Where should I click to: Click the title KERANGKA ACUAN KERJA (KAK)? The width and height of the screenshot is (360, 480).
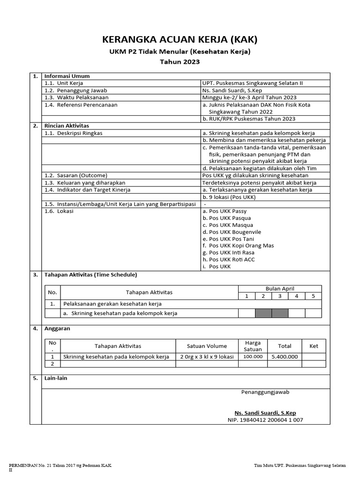click(180, 39)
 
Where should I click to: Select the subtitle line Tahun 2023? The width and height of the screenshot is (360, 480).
click(180, 61)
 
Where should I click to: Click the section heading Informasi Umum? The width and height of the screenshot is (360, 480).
click(67, 76)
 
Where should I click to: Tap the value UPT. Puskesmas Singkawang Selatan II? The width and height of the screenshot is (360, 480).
click(252, 83)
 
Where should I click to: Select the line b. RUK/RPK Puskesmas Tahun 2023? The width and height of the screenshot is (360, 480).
click(248, 119)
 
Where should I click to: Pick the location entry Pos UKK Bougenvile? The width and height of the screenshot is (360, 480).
click(232, 232)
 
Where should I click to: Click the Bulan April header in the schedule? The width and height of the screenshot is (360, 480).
click(280, 289)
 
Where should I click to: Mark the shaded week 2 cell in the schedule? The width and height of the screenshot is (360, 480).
click(263, 313)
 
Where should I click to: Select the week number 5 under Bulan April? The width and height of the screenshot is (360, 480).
click(313, 296)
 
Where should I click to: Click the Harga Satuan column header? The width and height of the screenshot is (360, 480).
click(253, 346)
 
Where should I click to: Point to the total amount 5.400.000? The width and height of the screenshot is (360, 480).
click(285, 357)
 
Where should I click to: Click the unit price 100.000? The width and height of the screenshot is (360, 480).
click(253, 357)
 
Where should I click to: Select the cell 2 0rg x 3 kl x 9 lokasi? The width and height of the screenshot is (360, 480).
click(207, 357)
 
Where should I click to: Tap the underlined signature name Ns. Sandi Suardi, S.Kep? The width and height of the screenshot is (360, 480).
click(265, 413)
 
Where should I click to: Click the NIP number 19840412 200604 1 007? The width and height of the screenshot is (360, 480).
click(265, 420)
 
